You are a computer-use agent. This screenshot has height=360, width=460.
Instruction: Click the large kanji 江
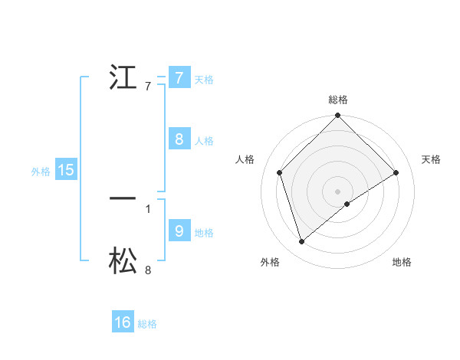pyautogui.click(x=124, y=78)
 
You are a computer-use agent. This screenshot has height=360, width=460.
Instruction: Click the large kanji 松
pyautogui.click(x=123, y=260)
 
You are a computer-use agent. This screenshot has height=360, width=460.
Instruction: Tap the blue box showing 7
pyautogui.click(x=179, y=77)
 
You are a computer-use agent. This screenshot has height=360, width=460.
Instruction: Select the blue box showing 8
pyautogui.click(x=179, y=139)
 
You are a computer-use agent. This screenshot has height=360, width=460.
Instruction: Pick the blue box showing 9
pyautogui.click(x=179, y=231)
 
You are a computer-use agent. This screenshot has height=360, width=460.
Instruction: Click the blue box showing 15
pyautogui.click(x=66, y=170)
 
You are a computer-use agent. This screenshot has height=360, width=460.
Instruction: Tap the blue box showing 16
pyautogui.click(x=123, y=322)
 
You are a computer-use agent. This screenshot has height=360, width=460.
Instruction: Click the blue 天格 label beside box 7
pyautogui.click(x=203, y=79)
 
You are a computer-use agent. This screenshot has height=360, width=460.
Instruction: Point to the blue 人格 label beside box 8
pyautogui.click(x=203, y=140)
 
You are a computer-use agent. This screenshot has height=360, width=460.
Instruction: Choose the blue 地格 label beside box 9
pyautogui.click(x=203, y=232)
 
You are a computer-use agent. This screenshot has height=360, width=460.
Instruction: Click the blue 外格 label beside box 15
pyautogui.click(x=41, y=172)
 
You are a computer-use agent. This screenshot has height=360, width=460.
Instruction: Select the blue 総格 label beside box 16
pyautogui.click(x=147, y=324)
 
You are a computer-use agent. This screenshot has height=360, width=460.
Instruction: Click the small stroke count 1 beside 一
pyautogui.click(x=147, y=208)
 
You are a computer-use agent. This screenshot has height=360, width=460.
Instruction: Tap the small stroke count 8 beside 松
pyautogui.click(x=147, y=270)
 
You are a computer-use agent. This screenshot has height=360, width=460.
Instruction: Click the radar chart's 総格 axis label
pyautogui.click(x=338, y=100)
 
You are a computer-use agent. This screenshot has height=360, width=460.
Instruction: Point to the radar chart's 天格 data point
pyautogui.click(x=396, y=172)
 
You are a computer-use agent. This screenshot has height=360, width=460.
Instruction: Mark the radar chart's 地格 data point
pyautogui.click(x=347, y=204)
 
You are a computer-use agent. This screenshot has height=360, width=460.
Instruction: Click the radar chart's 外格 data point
pyautogui.click(x=302, y=242)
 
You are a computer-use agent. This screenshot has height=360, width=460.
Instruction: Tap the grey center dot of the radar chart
pyautogui.click(x=338, y=191)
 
